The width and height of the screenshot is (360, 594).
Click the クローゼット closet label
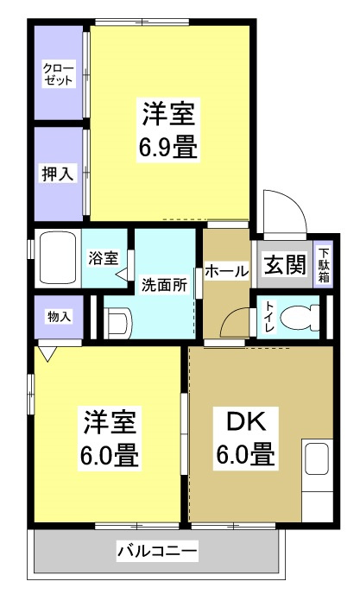click(x=59, y=74)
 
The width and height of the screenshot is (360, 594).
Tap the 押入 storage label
click(x=59, y=174)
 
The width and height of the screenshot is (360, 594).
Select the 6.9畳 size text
click(x=169, y=148)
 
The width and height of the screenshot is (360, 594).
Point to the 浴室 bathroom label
click(x=105, y=256)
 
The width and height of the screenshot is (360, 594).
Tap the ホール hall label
click(x=228, y=271)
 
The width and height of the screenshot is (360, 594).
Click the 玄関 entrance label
click(x=284, y=265)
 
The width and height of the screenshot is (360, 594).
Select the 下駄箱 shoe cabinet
click(x=324, y=265)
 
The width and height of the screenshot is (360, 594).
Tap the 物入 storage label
click(x=59, y=317)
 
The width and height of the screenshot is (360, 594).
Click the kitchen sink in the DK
click(x=316, y=464)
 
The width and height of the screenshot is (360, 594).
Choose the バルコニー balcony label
click(x=157, y=549)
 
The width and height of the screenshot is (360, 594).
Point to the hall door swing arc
click(x=233, y=325)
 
